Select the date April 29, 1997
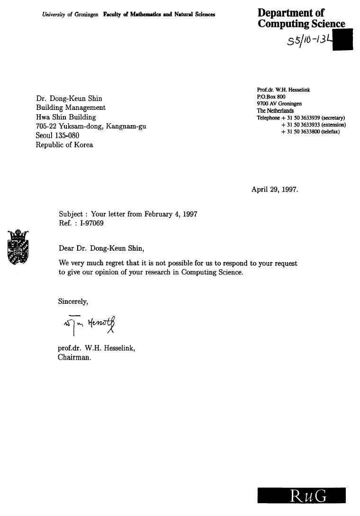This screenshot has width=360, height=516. [275, 190]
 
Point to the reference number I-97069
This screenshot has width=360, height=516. [92, 223]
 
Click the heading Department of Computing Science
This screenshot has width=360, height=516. [301, 18]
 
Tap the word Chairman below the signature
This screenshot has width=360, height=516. [74, 358]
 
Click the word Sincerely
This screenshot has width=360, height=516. [73, 301]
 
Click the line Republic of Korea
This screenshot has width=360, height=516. [64, 145]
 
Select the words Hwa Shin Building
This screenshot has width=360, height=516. [66, 117]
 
